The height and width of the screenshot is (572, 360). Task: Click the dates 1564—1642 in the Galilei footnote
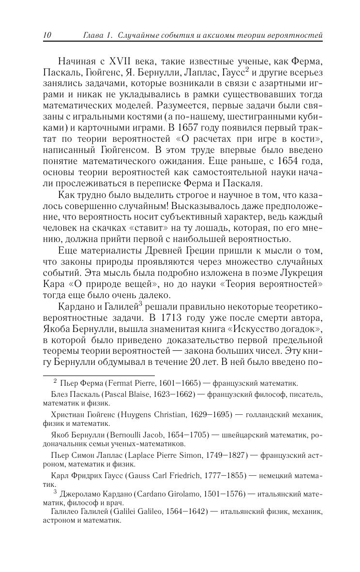pos(186,512)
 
